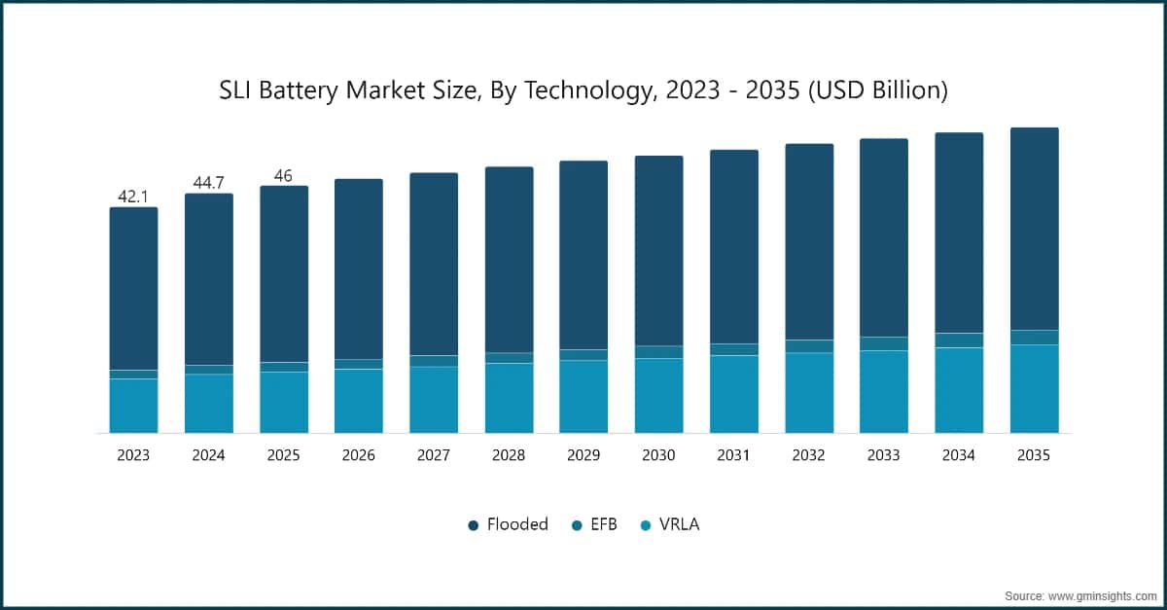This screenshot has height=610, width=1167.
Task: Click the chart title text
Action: point(583,91)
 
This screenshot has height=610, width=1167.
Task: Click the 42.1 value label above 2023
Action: point(133,197)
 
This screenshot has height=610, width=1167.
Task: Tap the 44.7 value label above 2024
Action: point(208,183)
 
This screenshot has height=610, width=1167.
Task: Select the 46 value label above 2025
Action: point(283,175)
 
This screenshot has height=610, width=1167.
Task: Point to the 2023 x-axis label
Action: point(133,455)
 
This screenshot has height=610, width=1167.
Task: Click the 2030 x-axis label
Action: point(658,455)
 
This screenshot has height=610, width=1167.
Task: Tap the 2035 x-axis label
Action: point(1034,455)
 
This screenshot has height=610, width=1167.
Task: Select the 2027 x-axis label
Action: point(434,455)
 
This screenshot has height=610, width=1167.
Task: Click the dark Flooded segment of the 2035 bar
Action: point(1034,229)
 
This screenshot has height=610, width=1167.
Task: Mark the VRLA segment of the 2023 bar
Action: point(133,406)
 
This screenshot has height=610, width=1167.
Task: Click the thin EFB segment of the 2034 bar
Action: point(959,341)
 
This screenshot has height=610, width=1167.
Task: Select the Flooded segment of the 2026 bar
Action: point(359,269)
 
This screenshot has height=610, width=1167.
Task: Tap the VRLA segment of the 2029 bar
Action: point(583,397)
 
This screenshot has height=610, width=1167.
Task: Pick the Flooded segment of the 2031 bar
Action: point(734,246)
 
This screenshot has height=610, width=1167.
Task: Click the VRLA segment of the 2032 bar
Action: point(809,393)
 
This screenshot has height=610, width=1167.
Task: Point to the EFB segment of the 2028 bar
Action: point(509,358)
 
